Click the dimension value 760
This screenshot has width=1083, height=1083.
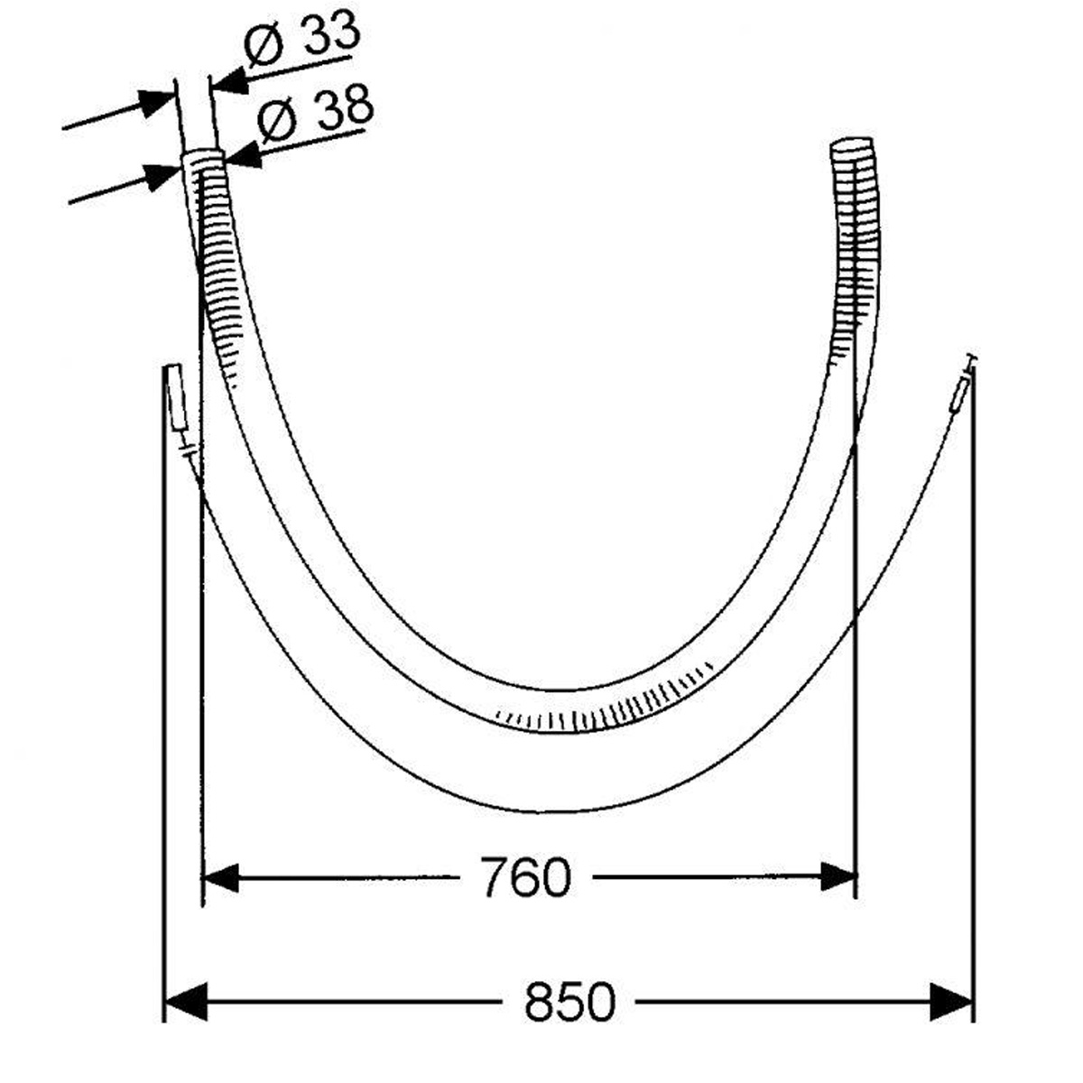(x=526, y=877)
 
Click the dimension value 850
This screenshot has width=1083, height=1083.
(x=569, y=1002)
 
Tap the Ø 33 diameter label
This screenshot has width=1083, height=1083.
(x=301, y=39)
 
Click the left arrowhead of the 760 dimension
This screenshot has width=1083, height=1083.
(x=219, y=877)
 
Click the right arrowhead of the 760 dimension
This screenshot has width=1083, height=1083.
(x=838, y=876)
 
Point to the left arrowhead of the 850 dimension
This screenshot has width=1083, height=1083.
(x=185, y=1002)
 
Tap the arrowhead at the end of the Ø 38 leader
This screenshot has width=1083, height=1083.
(x=244, y=155)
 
